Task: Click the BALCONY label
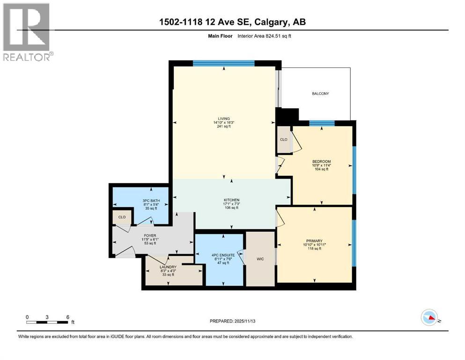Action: tap(320, 94)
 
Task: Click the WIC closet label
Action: tap(260, 259)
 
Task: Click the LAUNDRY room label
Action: tap(167, 267)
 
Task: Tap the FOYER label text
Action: tap(150, 235)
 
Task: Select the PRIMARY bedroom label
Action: tap(314, 241)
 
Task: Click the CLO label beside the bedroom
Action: tap(283, 139)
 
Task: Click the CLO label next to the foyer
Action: tap(122, 217)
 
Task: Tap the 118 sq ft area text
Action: tap(314, 249)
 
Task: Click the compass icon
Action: tap(429, 317)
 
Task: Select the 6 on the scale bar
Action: tap(68, 316)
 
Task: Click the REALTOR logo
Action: tap(27, 32)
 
